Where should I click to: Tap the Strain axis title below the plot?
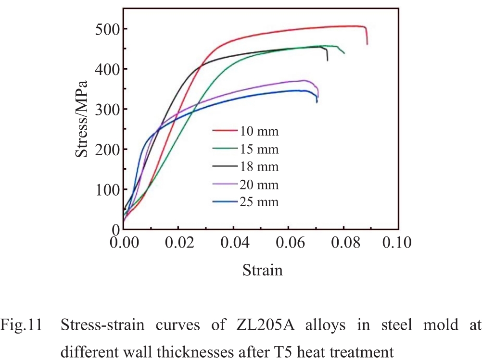[x=262, y=270]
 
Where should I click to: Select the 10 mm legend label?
[x=259, y=130]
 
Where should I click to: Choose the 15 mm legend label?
[x=259, y=149]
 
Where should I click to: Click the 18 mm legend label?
[x=259, y=166]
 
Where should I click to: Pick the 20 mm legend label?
[x=259, y=185]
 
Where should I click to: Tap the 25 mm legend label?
[x=259, y=202]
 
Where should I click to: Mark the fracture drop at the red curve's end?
[x=367, y=36]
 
